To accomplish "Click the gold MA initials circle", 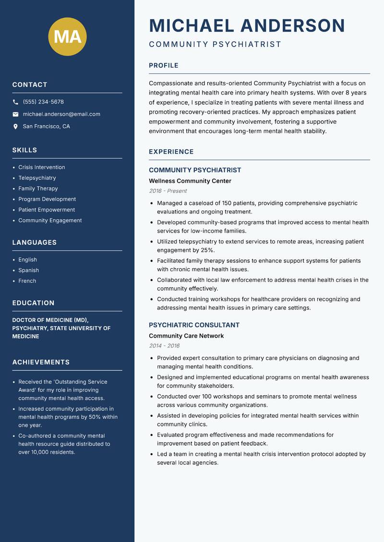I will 67,36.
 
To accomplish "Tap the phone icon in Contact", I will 15,102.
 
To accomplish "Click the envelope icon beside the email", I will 15,114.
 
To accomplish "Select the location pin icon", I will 15,127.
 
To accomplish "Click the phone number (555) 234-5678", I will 43,102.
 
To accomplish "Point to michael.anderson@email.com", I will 61,114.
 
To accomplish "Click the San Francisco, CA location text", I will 46,127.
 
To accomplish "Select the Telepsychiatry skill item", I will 37,178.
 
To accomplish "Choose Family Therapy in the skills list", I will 38,189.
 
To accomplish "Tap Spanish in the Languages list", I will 28,271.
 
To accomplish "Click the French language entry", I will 27,281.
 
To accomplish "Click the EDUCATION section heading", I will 33,303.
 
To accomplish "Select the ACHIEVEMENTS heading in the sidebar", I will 41,362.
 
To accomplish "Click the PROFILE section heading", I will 163,66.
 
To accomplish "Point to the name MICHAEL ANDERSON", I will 247,25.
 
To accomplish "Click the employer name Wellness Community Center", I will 190,181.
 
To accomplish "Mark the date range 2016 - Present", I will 168,191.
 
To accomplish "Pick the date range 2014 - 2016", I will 164,346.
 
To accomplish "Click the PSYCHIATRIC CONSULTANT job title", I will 194,325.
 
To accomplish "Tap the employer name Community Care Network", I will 186,336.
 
